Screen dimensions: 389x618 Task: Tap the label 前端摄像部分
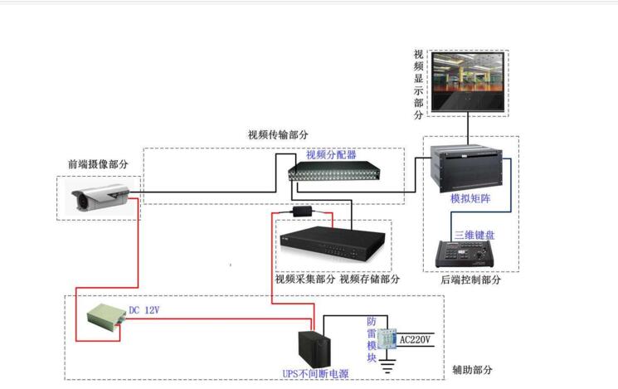98,164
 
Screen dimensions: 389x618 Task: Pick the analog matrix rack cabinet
472,169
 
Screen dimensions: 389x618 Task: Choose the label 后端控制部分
470,280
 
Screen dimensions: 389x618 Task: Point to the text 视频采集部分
304,280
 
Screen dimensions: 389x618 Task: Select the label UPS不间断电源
314,374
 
